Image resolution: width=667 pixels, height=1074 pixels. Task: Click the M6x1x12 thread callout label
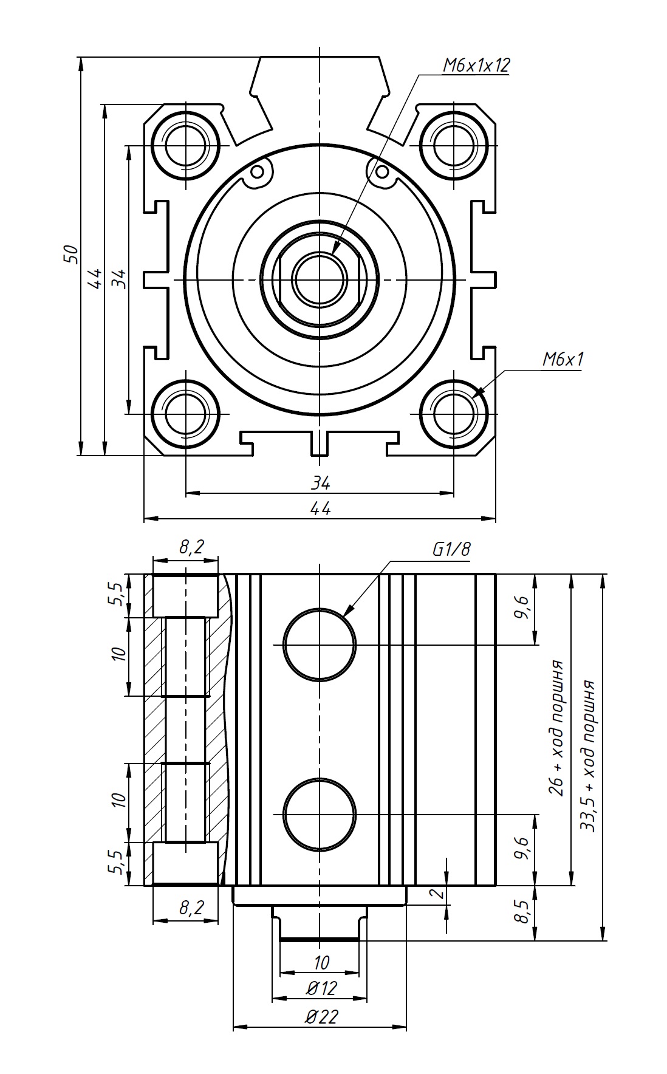(x=476, y=66)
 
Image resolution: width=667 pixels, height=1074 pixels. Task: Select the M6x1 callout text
(x=563, y=360)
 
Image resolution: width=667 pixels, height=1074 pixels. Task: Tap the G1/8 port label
(x=451, y=550)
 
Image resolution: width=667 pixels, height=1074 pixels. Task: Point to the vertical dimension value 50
(x=71, y=254)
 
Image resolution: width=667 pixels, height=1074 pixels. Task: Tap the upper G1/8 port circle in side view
(x=320, y=645)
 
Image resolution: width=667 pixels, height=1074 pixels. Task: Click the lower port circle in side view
(x=320, y=814)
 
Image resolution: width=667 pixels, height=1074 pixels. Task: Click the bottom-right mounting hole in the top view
(x=454, y=414)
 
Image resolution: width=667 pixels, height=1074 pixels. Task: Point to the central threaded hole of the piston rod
(x=320, y=279)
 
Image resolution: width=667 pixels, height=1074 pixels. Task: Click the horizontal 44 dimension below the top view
(x=320, y=508)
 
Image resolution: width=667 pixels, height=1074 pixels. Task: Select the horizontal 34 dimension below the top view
(x=320, y=484)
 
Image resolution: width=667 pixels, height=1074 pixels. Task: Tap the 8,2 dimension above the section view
(x=191, y=547)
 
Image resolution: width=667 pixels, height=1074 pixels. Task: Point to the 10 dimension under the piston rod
(x=321, y=962)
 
